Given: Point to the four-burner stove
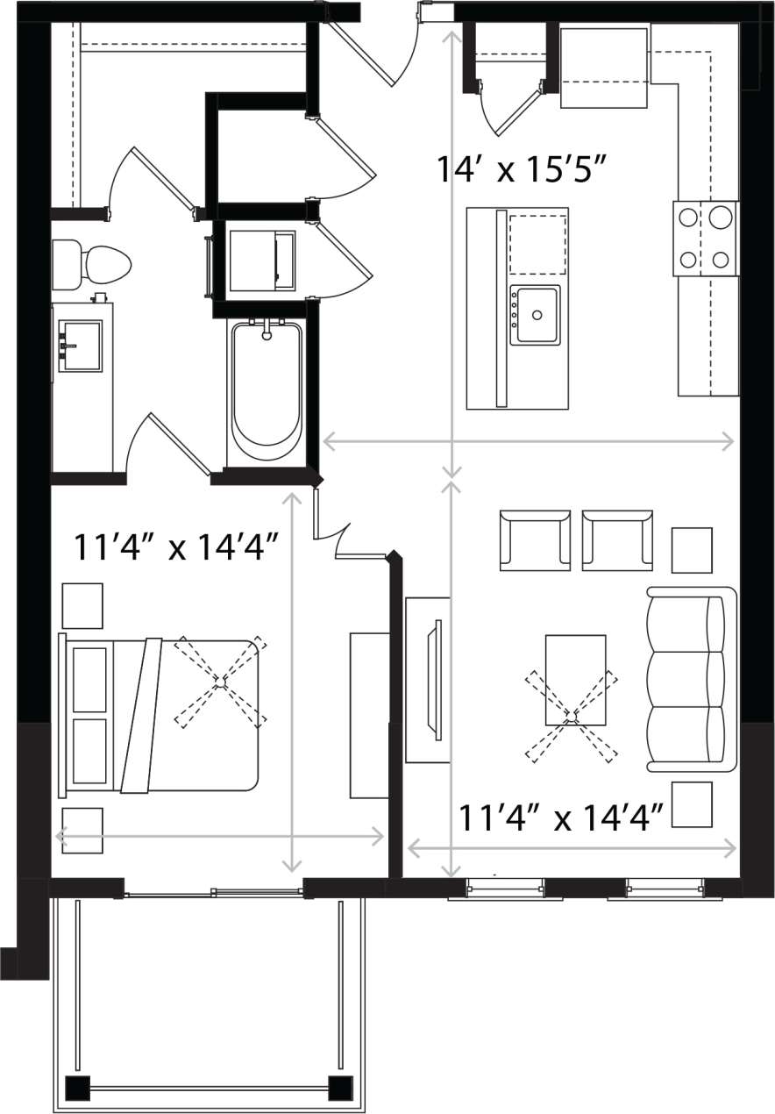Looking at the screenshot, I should tap(706, 237).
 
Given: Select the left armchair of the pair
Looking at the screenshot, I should tap(535, 539).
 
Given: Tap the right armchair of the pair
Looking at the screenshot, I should tap(617, 539).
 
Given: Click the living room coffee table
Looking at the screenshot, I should tap(575, 679).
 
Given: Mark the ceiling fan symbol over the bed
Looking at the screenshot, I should tap(221, 681).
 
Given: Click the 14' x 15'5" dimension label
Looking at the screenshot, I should tap(522, 168).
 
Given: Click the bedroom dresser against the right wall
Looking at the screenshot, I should tap(369, 714).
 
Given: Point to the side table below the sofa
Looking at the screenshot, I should tap(692, 804).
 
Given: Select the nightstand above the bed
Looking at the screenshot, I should tap(82, 605).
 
